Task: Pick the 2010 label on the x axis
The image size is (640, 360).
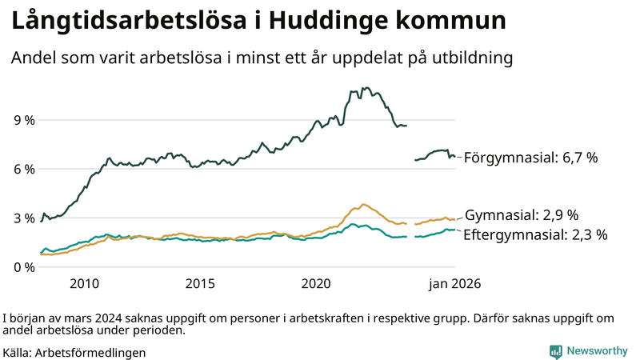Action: [x=84, y=283]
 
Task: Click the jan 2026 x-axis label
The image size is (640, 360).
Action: [x=453, y=283]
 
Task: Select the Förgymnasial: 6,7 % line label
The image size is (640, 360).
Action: [x=530, y=158]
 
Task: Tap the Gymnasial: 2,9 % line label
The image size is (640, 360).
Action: [x=522, y=215]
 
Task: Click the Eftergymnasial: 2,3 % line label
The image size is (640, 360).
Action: [x=535, y=234]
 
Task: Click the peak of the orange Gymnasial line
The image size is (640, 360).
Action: [x=363, y=205]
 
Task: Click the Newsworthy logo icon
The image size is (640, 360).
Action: [x=555, y=351]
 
